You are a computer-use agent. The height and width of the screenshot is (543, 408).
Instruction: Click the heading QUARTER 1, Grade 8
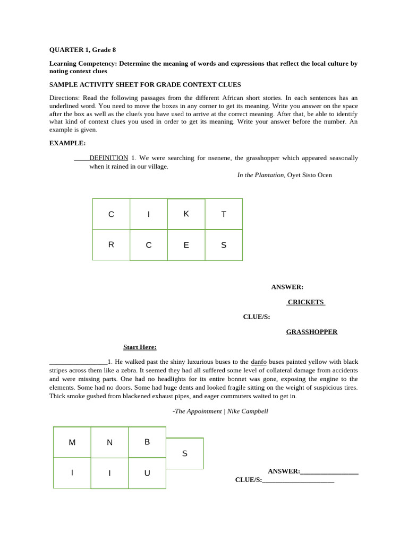click(x=82, y=50)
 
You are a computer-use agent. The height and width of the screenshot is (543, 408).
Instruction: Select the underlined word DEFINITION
click(x=108, y=158)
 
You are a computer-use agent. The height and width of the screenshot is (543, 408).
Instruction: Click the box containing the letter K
click(x=186, y=214)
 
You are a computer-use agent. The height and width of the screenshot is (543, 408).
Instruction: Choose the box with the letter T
click(x=224, y=214)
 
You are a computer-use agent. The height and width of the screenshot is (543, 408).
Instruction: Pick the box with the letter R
click(x=111, y=244)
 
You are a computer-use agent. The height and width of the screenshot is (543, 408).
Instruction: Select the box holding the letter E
click(x=186, y=245)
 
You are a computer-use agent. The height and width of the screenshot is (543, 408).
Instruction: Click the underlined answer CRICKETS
click(x=305, y=302)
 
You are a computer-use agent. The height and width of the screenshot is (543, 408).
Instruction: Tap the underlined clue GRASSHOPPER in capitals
click(x=312, y=332)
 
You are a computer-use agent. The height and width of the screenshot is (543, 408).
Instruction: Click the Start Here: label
click(x=140, y=347)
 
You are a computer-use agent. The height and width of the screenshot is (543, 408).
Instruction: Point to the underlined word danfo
click(x=259, y=362)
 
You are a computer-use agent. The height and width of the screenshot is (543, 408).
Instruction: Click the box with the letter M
click(x=72, y=442)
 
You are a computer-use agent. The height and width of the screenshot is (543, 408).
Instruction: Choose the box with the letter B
click(x=147, y=442)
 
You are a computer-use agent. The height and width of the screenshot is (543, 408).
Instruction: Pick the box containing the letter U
click(x=147, y=473)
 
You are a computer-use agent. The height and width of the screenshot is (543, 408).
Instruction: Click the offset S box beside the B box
click(x=185, y=453)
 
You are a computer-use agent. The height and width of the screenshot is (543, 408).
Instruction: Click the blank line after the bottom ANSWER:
click(x=329, y=471)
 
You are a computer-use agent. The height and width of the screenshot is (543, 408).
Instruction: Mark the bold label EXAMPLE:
click(x=67, y=143)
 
